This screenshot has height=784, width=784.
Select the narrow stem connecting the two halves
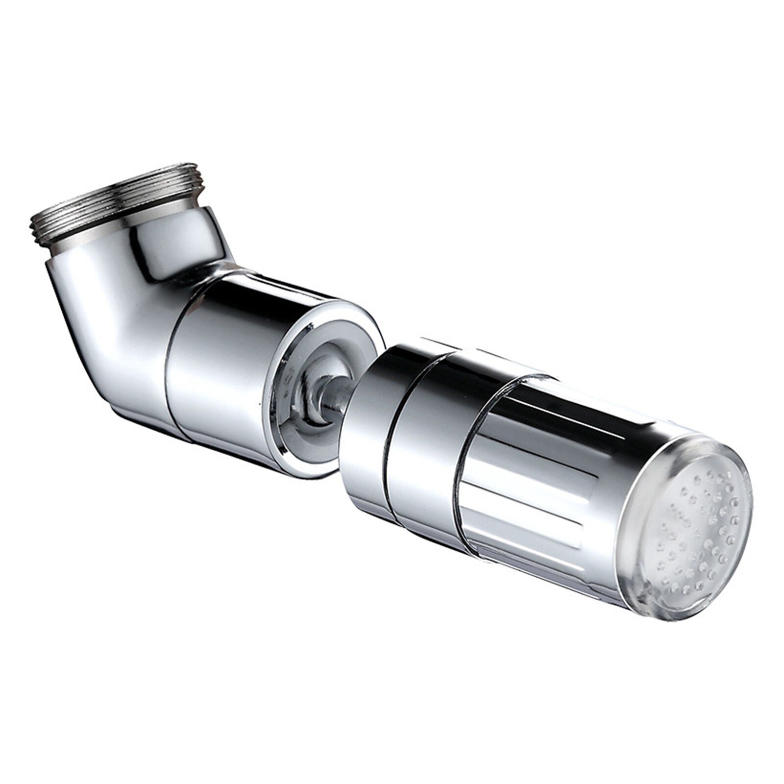[338, 397]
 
